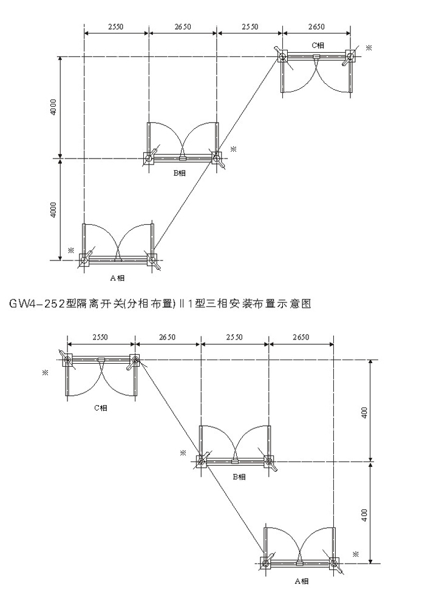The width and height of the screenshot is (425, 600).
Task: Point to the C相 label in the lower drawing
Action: [x=101, y=409]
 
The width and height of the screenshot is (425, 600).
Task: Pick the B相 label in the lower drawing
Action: [x=239, y=477]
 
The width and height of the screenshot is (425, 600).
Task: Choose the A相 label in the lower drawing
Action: [x=301, y=581]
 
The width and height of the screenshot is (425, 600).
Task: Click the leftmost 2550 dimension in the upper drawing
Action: [x=115, y=27]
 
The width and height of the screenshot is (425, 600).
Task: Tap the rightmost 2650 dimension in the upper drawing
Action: [x=316, y=27]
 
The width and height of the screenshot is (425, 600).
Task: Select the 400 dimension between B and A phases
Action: [x=364, y=514]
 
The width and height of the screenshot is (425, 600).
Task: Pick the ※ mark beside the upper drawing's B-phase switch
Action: [x=233, y=148]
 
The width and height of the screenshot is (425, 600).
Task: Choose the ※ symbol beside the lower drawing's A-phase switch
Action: [x=355, y=553]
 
